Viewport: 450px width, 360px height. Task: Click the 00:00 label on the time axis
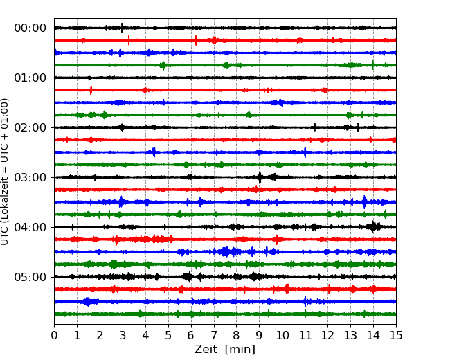(x=30, y=28)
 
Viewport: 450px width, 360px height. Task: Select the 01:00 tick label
(x=30, y=78)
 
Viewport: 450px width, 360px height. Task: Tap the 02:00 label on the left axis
(x=30, y=127)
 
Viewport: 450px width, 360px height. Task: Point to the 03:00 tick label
(x=30, y=177)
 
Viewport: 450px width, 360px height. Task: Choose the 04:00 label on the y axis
(x=30, y=227)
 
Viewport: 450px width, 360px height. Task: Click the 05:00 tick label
(x=30, y=277)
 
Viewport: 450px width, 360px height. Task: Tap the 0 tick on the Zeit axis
(x=54, y=335)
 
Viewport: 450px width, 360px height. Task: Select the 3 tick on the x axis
(x=123, y=335)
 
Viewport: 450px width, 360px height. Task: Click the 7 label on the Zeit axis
(x=214, y=335)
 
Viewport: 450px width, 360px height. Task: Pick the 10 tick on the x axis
(x=282, y=335)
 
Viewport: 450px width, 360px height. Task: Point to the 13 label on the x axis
(x=350, y=335)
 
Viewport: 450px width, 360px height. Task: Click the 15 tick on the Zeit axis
(x=396, y=335)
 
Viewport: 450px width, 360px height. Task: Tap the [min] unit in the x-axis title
(x=240, y=350)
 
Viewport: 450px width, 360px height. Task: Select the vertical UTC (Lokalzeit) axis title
(x=5, y=172)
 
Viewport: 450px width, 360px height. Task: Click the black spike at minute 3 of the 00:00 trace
(x=123, y=28)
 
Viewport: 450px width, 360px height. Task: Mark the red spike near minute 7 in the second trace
(x=214, y=40)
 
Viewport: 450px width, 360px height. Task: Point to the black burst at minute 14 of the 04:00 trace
(x=373, y=227)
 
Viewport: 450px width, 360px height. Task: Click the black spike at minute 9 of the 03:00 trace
(x=260, y=177)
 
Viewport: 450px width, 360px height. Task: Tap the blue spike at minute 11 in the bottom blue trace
(x=305, y=301)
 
